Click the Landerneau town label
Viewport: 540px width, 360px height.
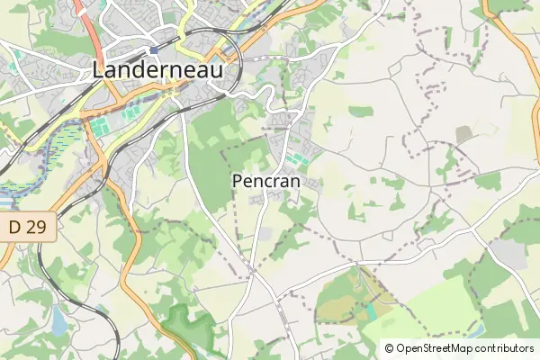(157, 69)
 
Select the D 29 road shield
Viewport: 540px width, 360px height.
(28, 229)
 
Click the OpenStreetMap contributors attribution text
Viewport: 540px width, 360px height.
(458, 348)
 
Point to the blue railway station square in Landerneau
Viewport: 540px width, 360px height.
(155, 49)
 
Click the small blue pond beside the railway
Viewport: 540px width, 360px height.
(59, 318)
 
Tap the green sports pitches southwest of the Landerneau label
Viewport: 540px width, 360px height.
(97, 127)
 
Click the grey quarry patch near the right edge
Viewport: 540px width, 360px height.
(509, 254)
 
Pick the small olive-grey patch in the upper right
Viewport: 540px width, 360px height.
(463, 135)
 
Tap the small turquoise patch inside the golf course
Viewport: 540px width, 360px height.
(370, 312)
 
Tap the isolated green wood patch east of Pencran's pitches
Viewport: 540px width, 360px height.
(360, 112)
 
